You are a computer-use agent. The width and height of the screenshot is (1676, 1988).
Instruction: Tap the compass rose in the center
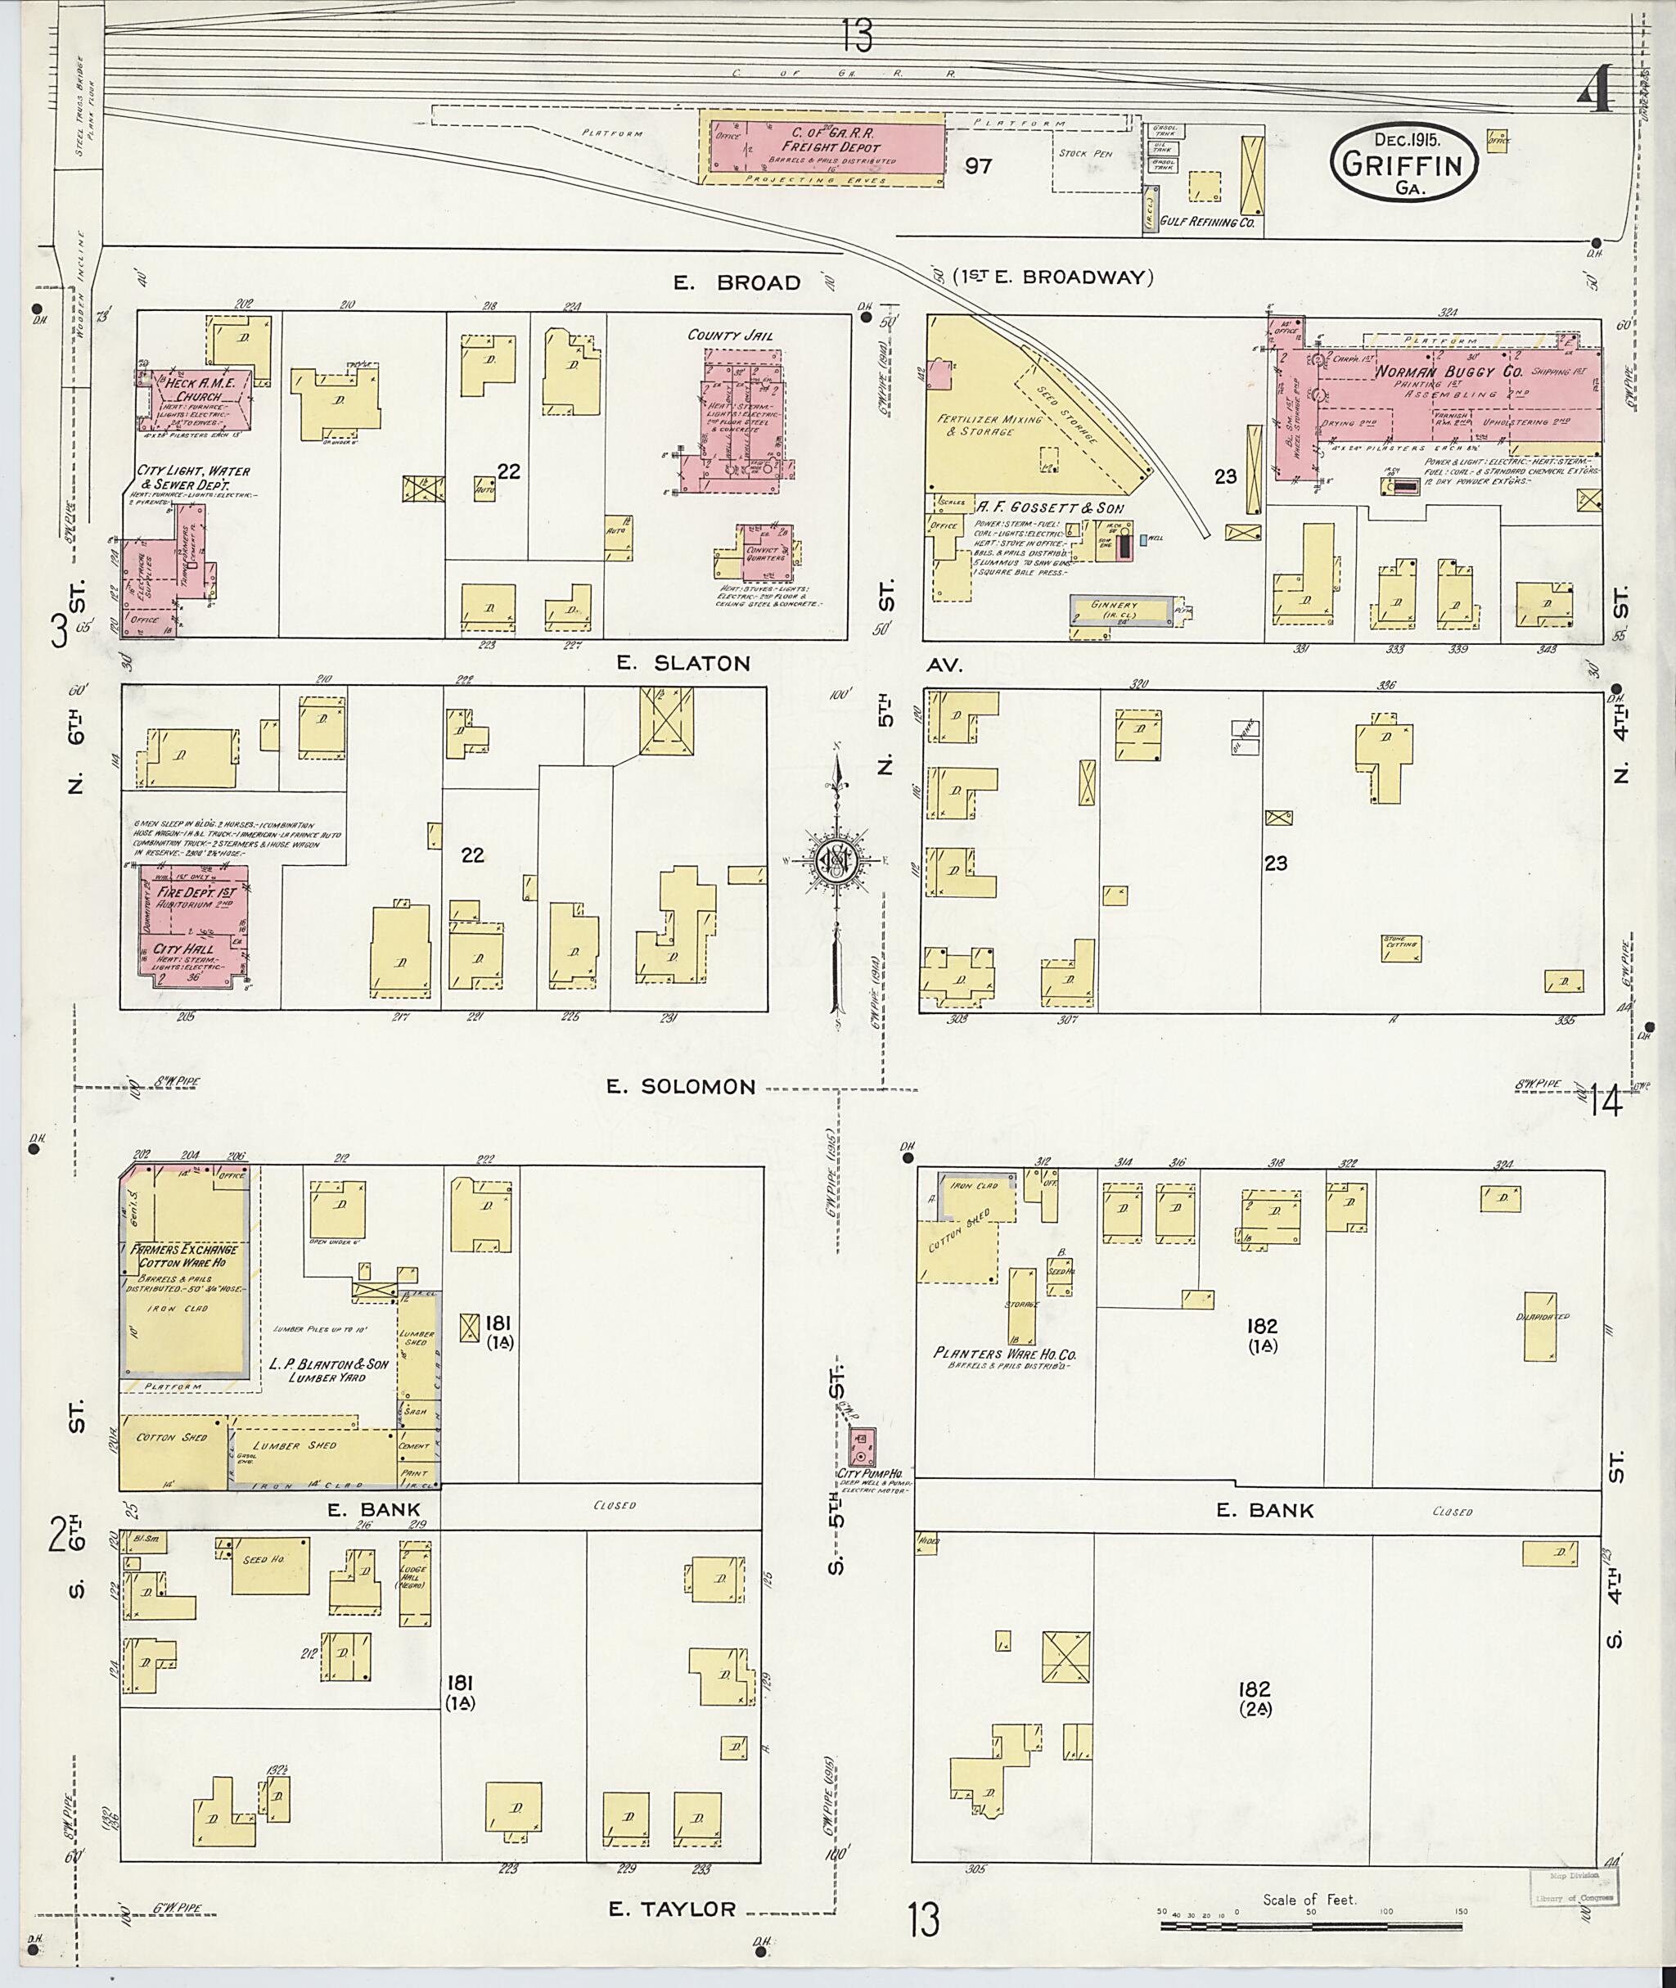[836, 860]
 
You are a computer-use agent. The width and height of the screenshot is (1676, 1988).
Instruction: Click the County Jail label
[731, 336]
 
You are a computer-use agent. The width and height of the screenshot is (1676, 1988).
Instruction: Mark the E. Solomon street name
[696, 1087]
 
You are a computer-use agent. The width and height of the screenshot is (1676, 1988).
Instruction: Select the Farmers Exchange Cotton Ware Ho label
[185, 1257]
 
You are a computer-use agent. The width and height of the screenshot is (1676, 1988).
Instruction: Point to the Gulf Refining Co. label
[1208, 223]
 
